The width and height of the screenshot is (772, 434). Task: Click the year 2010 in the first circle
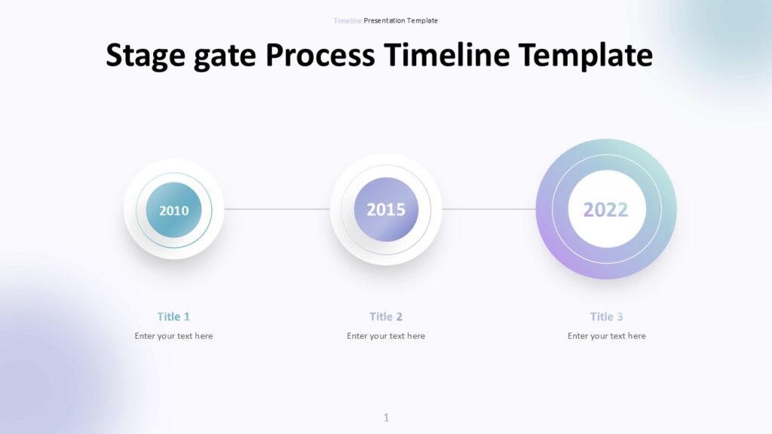(174, 210)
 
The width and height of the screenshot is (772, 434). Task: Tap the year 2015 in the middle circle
(386, 209)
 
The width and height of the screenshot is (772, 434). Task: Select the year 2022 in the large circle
(605, 209)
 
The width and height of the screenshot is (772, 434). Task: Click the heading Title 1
(173, 316)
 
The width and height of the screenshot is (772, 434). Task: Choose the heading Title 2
(386, 316)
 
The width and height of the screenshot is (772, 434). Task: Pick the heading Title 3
(607, 316)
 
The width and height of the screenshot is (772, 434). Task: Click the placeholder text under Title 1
(173, 336)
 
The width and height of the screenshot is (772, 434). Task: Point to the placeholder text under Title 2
(386, 336)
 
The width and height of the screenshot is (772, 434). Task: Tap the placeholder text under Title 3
(607, 336)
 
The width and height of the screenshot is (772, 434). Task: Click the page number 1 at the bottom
(386, 417)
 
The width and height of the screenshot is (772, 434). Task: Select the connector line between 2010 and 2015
(277, 209)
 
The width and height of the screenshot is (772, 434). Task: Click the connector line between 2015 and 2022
(489, 209)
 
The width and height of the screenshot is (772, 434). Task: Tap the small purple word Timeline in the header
(348, 20)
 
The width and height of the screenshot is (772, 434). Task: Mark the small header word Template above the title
(422, 20)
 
